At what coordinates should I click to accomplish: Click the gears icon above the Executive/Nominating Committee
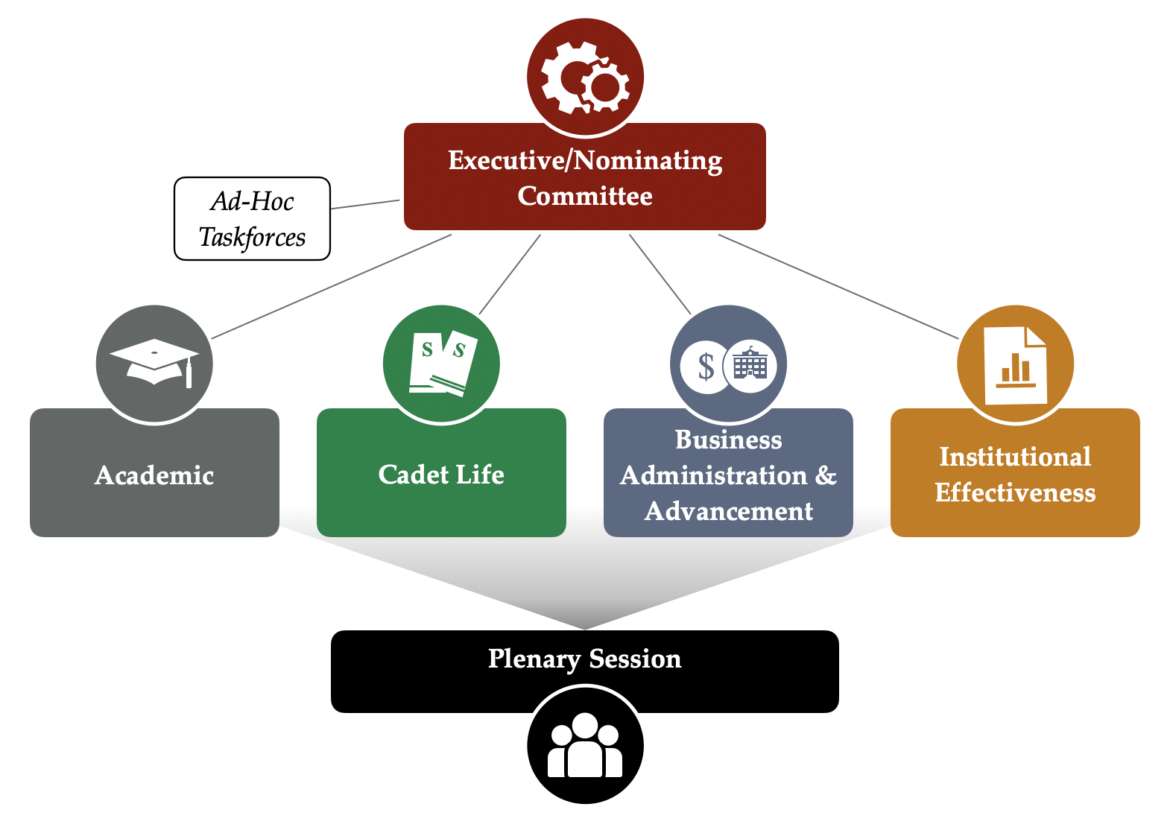click(585, 77)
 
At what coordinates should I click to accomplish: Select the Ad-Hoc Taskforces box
click(252, 218)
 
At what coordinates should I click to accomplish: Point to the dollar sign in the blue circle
click(706, 366)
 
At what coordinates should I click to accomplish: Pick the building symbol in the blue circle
click(750, 365)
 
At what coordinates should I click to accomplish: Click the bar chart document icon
click(1015, 365)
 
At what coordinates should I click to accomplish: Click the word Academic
click(154, 475)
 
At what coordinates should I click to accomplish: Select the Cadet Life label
click(441, 475)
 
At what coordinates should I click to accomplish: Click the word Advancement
click(729, 511)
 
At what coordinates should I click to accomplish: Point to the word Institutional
click(1015, 457)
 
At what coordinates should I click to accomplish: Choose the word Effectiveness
click(1015, 492)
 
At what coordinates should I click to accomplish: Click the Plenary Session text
click(585, 659)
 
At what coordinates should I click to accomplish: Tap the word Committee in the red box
click(585, 196)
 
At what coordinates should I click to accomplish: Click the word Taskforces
click(252, 237)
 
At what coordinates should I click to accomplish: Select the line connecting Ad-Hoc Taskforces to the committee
click(365, 204)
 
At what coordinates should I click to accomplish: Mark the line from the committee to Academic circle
click(332, 286)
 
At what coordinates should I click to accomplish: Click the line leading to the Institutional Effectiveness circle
click(838, 286)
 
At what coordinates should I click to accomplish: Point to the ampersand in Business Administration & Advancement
click(826, 475)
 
